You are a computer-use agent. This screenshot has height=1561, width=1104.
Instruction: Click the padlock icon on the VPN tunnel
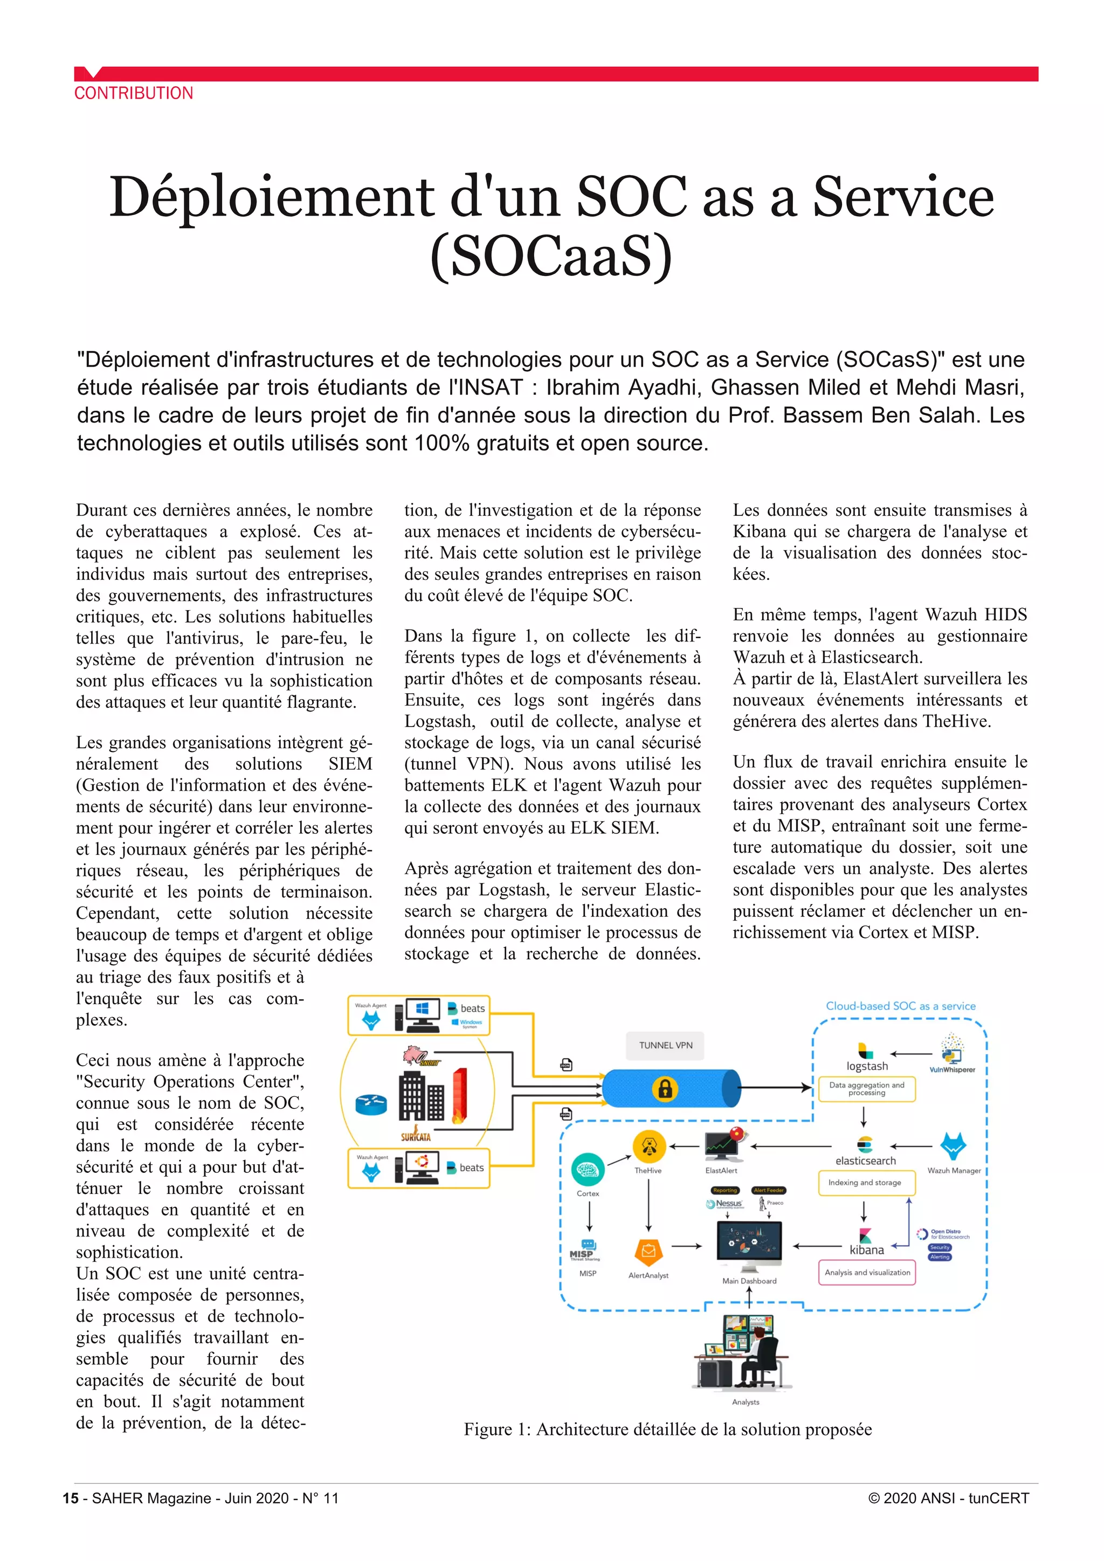[x=664, y=1088]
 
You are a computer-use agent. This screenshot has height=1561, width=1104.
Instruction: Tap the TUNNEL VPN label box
[x=666, y=1046]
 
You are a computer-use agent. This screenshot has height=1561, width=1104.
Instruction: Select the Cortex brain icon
[x=588, y=1169]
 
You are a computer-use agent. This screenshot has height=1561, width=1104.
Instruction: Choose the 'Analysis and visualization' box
[x=867, y=1272]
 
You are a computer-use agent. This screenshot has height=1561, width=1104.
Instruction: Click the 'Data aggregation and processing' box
[x=867, y=1088]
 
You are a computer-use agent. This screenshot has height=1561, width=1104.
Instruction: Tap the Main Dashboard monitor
[x=749, y=1246]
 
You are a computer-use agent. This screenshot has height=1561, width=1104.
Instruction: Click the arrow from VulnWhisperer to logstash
[x=911, y=1054]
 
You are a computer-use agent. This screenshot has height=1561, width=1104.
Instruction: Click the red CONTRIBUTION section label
[x=133, y=93]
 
